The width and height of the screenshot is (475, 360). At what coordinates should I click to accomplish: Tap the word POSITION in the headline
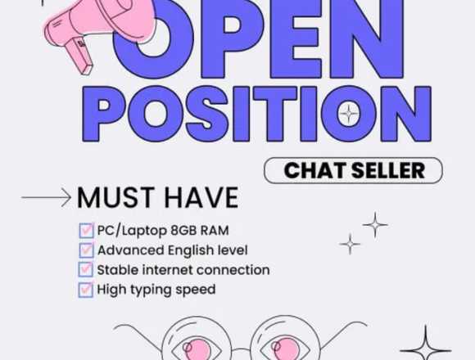coord(256,114)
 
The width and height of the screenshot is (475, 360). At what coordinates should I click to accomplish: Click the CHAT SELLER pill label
coord(353,171)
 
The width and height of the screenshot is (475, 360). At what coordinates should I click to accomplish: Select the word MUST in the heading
coord(115,197)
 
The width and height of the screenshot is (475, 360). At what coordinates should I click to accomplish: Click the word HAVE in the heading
coord(201,197)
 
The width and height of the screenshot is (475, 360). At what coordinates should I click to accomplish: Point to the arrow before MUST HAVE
coord(46,197)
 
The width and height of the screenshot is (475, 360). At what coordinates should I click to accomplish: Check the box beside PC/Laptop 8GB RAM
coord(86,231)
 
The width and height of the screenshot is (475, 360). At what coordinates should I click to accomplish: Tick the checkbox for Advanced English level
coord(86,250)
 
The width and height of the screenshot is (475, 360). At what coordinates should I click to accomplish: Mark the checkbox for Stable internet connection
coord(86,269)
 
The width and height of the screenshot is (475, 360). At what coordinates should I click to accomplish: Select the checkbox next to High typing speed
coord(86,290)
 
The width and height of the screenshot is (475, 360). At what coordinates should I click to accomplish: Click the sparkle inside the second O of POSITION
coord(349,114)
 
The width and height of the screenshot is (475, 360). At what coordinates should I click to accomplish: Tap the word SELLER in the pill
coord(388,171)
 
